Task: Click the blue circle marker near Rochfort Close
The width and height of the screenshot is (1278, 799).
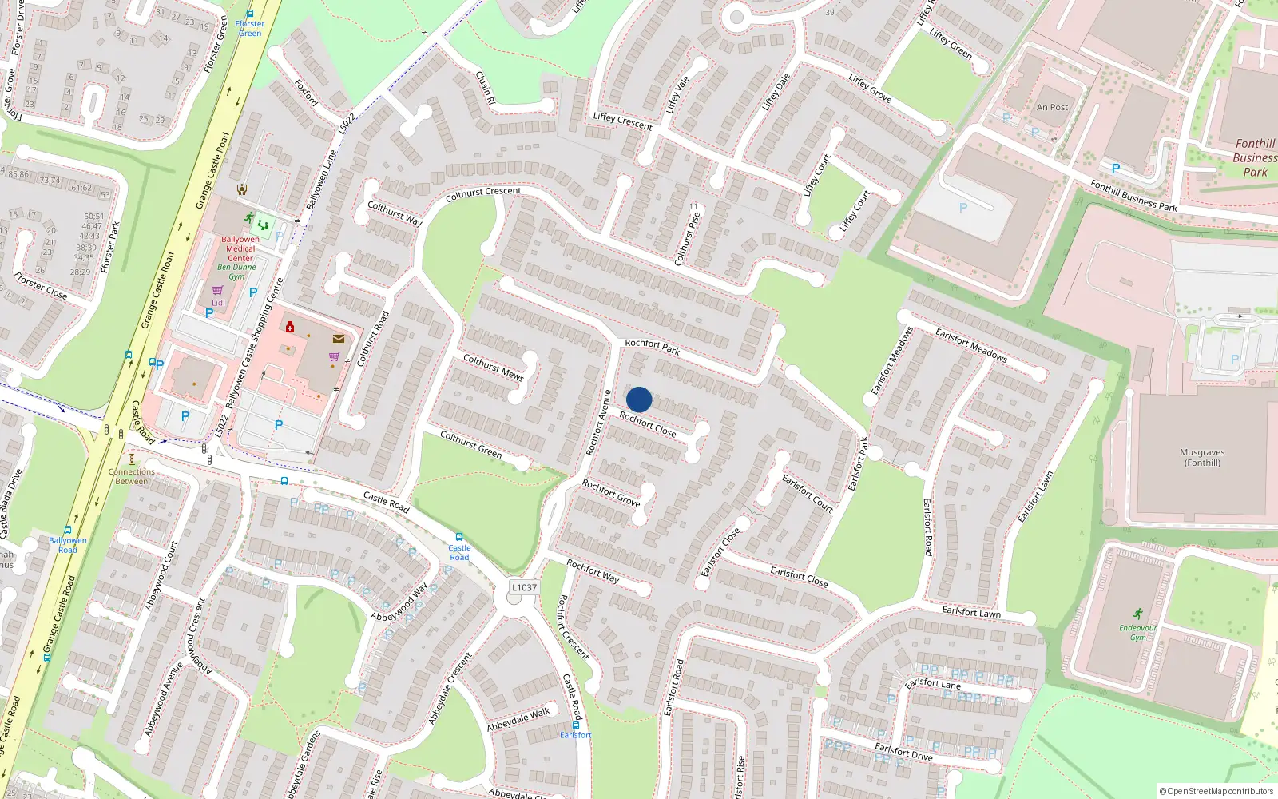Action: (x=639, y=399)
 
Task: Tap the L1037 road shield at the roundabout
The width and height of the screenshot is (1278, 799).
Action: (x=524, y=587)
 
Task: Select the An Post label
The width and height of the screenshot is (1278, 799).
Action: (x=1052, y=107)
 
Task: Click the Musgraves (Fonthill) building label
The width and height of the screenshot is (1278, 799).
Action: (x=1202, y=457)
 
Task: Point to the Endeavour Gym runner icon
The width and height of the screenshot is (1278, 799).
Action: (x=1137, y=614)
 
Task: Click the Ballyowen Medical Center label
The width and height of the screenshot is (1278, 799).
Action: (x=240, y=248)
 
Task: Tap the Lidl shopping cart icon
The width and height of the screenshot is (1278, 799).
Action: (x=217, y=291)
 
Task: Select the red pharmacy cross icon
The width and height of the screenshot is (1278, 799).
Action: (x=290, y=327)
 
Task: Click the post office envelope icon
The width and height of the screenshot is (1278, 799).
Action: (x=339, y=339)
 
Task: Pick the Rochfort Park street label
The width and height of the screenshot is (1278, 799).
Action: (x=653, y=345)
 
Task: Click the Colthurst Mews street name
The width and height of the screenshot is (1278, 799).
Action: (x=494, y=366)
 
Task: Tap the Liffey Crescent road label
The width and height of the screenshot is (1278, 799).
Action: (x=622, y=121)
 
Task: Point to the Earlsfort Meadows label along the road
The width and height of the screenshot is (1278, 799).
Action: (x=971, y=344)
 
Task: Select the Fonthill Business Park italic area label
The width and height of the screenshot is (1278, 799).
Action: (x=1255, y=157)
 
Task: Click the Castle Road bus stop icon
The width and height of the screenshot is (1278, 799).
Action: (x=458, y=537)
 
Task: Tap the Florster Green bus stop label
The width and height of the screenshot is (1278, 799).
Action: (x=249, y=28)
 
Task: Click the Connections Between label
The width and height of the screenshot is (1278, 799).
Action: (x=132, y=476)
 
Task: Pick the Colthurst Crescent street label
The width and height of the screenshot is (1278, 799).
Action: (x=483, y=193)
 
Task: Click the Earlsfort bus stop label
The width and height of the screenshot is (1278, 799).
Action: (x=575, y=735)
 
